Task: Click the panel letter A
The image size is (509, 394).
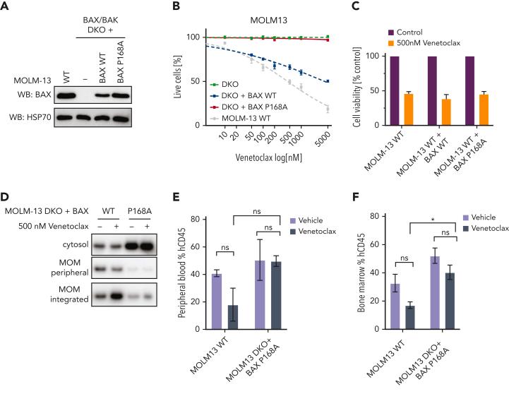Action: click(x=6, y=6)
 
